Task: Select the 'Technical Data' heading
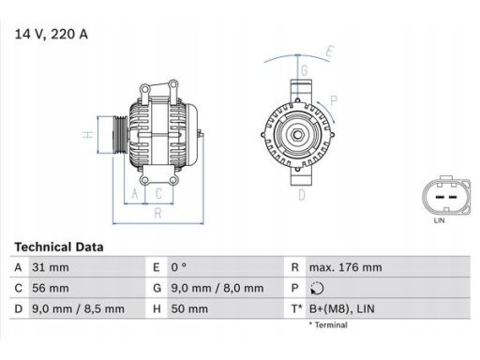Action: point(58,247)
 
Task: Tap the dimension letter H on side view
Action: point(86,135)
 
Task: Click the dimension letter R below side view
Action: point(157,214)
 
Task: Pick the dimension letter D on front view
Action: point(301,195)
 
